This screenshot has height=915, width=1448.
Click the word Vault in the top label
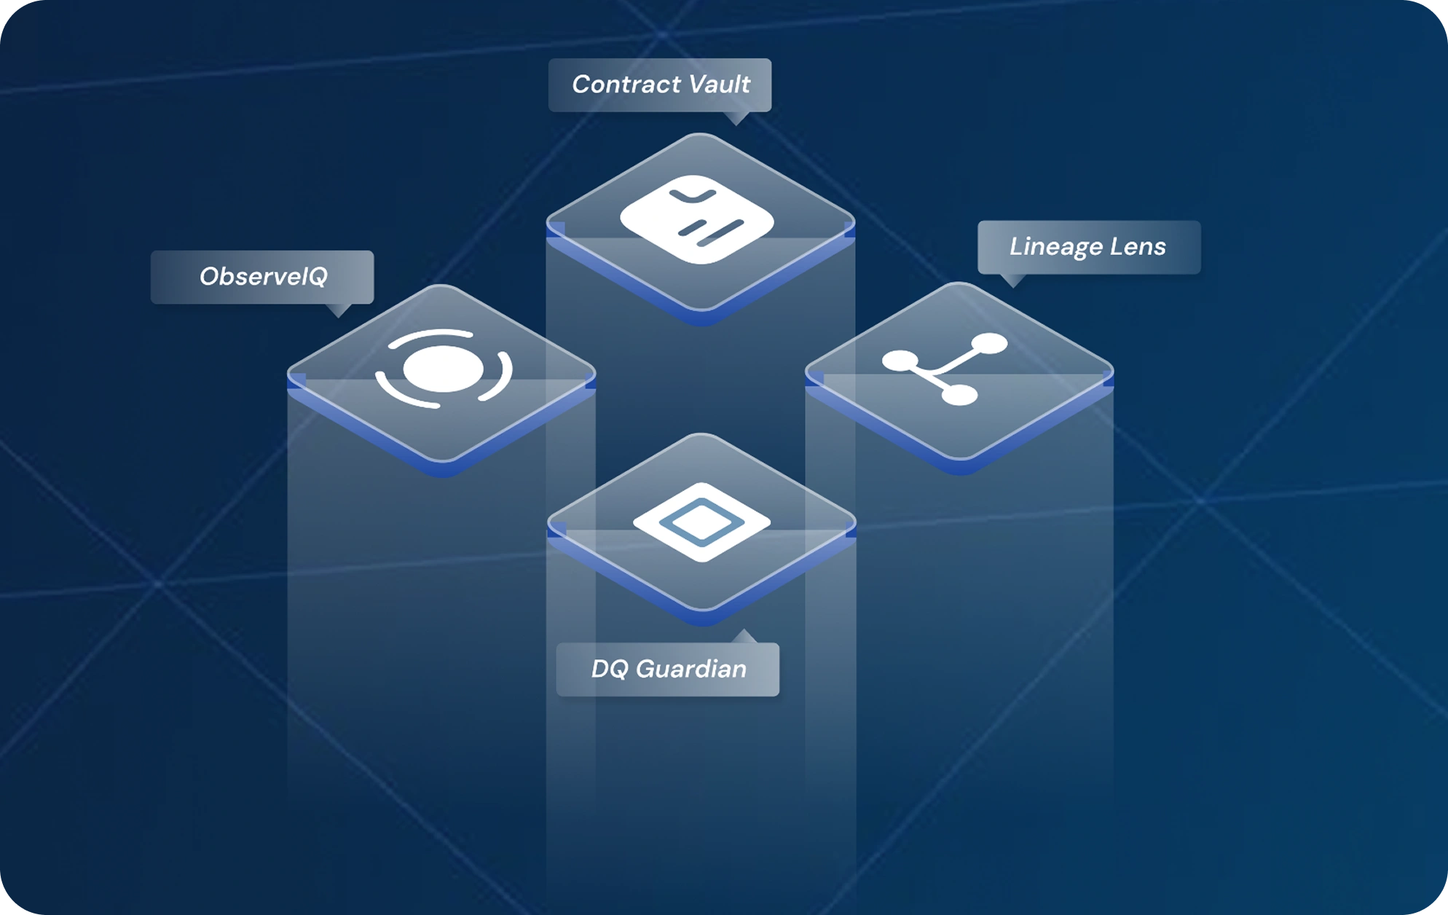point(720,85)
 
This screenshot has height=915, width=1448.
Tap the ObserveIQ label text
point(264,277)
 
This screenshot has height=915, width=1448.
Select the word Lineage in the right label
point(1056,247)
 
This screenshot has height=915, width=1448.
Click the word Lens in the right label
point(1138,246)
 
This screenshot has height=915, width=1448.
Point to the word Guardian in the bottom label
point(691,669)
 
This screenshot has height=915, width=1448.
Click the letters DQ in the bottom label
point(610,669)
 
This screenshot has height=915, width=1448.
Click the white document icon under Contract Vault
point(697,219)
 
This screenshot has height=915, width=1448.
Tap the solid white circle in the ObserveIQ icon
point(443,369)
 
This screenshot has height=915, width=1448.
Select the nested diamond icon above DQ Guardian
point(701,522)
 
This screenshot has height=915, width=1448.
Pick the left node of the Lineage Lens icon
point(901,361)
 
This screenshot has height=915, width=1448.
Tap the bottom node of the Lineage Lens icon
point(959,396)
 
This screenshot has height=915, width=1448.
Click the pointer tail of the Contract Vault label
point(737,118)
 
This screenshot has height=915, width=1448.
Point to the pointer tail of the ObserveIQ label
point(339,310)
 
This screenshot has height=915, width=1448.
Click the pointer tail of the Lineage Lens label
point(1013,280)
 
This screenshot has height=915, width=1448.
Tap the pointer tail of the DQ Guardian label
point(744,637)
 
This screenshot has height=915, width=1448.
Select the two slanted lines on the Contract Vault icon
point(711,229)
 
